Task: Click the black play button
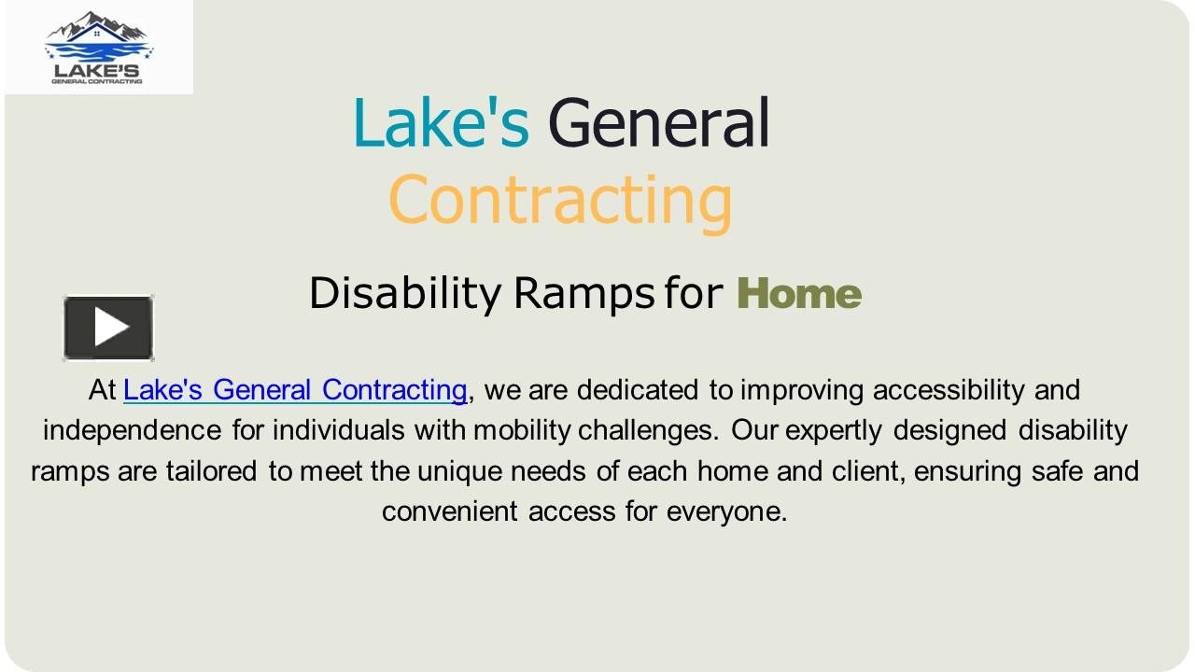108,328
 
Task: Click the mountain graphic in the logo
98,28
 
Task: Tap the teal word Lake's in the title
441,123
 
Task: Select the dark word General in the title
658,123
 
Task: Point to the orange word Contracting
560,201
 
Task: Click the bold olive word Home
799,294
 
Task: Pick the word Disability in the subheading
405,294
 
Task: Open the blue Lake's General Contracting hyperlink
295,389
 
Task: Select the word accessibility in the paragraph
948,389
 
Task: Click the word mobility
522,430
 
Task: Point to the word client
867,470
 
